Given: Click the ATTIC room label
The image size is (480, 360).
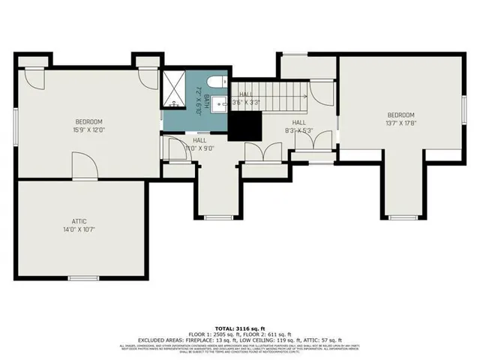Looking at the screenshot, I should pos(79,221).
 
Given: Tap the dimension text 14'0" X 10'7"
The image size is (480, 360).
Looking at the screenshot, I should pos(79,230).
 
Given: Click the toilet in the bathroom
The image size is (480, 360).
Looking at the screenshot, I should pos(213,83).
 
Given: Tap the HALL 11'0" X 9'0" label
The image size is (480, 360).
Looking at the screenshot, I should pos(199,144).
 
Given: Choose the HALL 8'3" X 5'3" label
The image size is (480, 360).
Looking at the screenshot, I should pos(298,126).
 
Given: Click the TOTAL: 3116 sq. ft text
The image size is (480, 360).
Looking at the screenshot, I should pos(239,329).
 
